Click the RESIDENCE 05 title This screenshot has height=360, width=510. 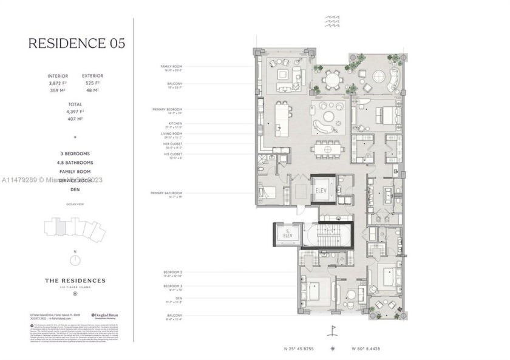pyautogui.click(x=76, y=43)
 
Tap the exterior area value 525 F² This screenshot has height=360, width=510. pyautogui.click(x=93, y=83)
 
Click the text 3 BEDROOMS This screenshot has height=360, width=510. pyautogui.click(x=76, y=154)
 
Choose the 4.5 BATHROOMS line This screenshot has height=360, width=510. pyautogui.click(x=76, y=163)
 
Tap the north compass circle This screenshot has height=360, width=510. pyautogui.click(x=75, y=260)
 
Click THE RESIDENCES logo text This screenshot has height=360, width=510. pyautogui.click(x=76, y=280)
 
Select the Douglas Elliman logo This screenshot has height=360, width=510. pyautogui.click(x=105, y=315)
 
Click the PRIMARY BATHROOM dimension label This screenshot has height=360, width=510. pyautogui.click(x=167, y=194)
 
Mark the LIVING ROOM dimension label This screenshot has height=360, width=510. pyautogui.click(x=172, y=137)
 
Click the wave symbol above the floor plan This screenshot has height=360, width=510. pyautogui.click(x=332, y=21)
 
